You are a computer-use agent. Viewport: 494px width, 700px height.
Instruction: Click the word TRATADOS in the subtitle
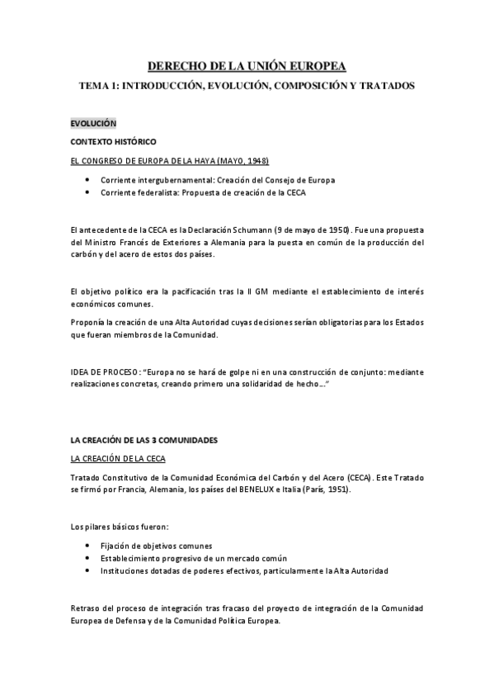(384, 85)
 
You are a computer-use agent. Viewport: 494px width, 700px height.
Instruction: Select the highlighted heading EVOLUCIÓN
(94, 123)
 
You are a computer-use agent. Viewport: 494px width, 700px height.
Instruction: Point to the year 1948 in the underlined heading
(254, 160)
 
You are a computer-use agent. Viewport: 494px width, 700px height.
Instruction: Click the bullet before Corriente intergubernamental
(88, 179)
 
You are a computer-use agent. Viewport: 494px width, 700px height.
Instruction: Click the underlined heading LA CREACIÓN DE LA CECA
(120, 459)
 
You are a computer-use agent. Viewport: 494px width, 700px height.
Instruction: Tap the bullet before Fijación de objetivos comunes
(88, 546)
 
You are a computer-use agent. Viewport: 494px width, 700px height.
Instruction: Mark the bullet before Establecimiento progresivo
(88, 558)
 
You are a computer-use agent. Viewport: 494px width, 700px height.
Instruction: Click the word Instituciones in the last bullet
(125, 570)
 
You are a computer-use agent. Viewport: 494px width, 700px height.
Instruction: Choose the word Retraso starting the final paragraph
(87, 609)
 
